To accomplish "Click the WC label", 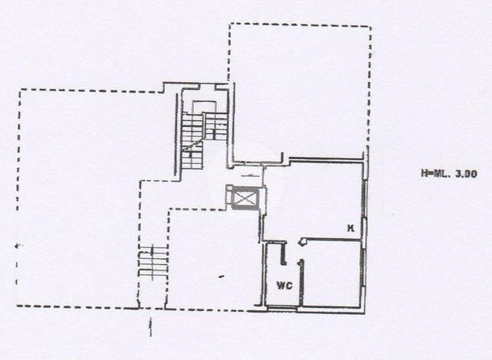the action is (x=284, y=286).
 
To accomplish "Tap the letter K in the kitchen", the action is (x=350, y=228).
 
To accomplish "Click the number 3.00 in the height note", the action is (x=466, y=174).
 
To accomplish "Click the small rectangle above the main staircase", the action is (x=205, y=107).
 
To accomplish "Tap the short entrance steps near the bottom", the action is (x=153, y=261).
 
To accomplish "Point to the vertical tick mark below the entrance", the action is (x=151, y=327).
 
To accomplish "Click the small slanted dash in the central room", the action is (x=221, y=277).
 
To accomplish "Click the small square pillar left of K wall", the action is (x=303, y=241).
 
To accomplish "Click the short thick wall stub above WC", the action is (x=284, y=254).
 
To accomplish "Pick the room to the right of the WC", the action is (x=331, y=273).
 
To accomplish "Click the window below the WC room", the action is (x=282, y=309).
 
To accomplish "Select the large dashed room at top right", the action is (x=300, y=91).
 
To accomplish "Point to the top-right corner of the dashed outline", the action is (x=371, y=27).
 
